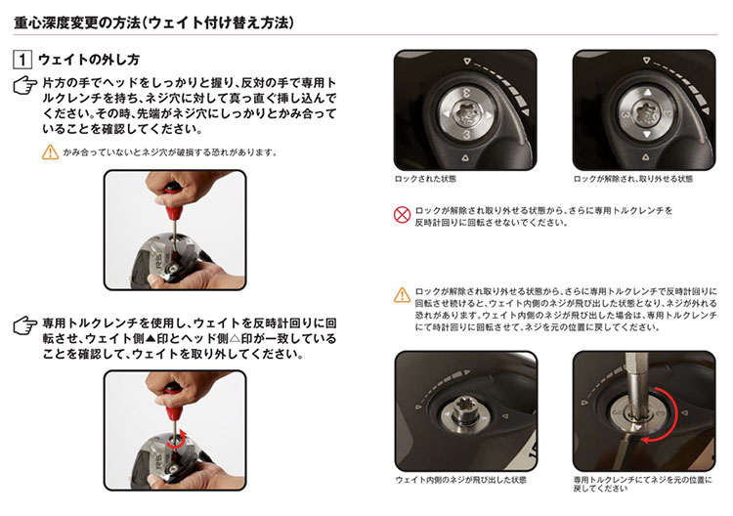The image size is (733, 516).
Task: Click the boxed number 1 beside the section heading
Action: [x=22, y=60]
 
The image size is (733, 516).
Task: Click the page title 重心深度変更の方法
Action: [x=77, y=22]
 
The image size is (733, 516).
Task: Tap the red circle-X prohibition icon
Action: [x=402, y=215]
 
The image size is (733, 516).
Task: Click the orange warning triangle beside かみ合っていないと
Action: [x=50, y=151]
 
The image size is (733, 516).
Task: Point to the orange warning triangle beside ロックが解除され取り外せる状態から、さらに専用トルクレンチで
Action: [x=402, y=295]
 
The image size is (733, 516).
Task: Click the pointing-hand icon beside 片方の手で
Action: [x=25, y=85]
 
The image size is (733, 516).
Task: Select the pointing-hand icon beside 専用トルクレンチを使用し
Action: [x=25, y=325]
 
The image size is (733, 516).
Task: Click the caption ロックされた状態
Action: [x=425, y=179]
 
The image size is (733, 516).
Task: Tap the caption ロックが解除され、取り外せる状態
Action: [x=632, y=179]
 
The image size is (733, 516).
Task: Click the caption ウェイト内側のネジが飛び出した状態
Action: [x=461, y=480]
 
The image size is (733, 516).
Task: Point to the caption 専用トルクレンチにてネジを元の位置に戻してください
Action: [x=643, y=484]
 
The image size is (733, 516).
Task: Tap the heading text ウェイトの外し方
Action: [x=88, y=60]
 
